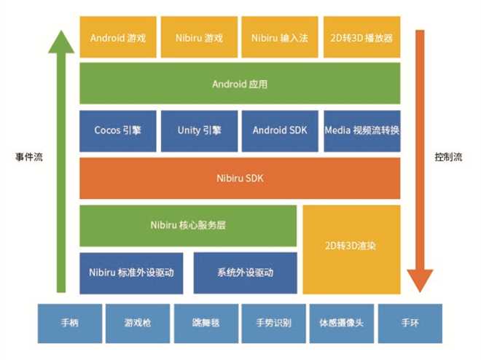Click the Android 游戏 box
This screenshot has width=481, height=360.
[x=118, y=37]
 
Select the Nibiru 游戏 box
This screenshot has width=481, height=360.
[x=199, y=37]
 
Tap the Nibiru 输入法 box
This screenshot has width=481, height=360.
[x=280, y=37]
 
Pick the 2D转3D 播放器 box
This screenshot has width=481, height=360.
[x=362, y=37]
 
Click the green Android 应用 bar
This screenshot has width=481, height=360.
[x=240, y=83]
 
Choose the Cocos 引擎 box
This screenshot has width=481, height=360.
[x=118, y=131]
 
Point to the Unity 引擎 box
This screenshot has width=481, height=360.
[x=199, y=131]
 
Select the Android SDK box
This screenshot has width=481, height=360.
[x=280, y=131]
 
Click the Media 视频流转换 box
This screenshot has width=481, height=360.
[x=362, y=131]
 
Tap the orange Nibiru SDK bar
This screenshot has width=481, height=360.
[x=240, y=178]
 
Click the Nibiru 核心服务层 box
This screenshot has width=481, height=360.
[x=188, y=226]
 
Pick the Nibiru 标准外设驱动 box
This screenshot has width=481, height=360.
[x=131, y=273]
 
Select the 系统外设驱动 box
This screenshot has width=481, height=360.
[x=246, y=273]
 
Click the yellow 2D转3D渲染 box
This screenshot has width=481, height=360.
[x=351, y=250]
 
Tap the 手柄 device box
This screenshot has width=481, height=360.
[x=70, y=324]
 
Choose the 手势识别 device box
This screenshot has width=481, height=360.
[x=273, y=324]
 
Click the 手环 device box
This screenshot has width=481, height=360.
[x=410, y=324]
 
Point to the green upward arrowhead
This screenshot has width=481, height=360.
[x=61, y=42]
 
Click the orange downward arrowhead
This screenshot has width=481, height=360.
[x=420, y=281]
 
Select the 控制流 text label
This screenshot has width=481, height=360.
[x=448, y=157]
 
